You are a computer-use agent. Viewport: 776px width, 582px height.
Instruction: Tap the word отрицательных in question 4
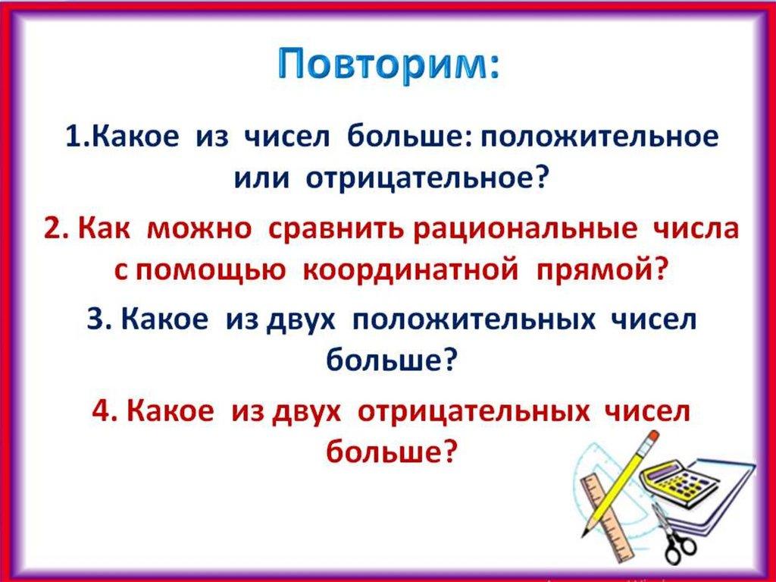pos(473,411)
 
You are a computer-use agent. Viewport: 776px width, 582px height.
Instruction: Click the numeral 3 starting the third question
pos(93,319)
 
